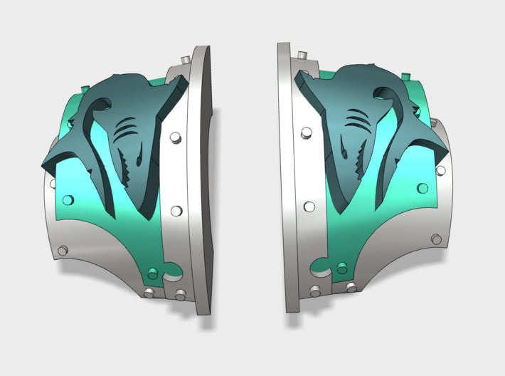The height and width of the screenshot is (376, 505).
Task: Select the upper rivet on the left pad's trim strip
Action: click(x=175, y=137)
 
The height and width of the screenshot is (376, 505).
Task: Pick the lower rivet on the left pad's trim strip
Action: click(x=176, y=211)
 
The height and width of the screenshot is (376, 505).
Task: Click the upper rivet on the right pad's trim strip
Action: click(x=307, y=133)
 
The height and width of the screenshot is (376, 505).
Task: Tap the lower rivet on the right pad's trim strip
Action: click(x=309, y=207)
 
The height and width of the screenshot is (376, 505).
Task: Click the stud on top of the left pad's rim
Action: click(x=185, y=58)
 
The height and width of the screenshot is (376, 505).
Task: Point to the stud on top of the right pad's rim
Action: click(x=302, y=54)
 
